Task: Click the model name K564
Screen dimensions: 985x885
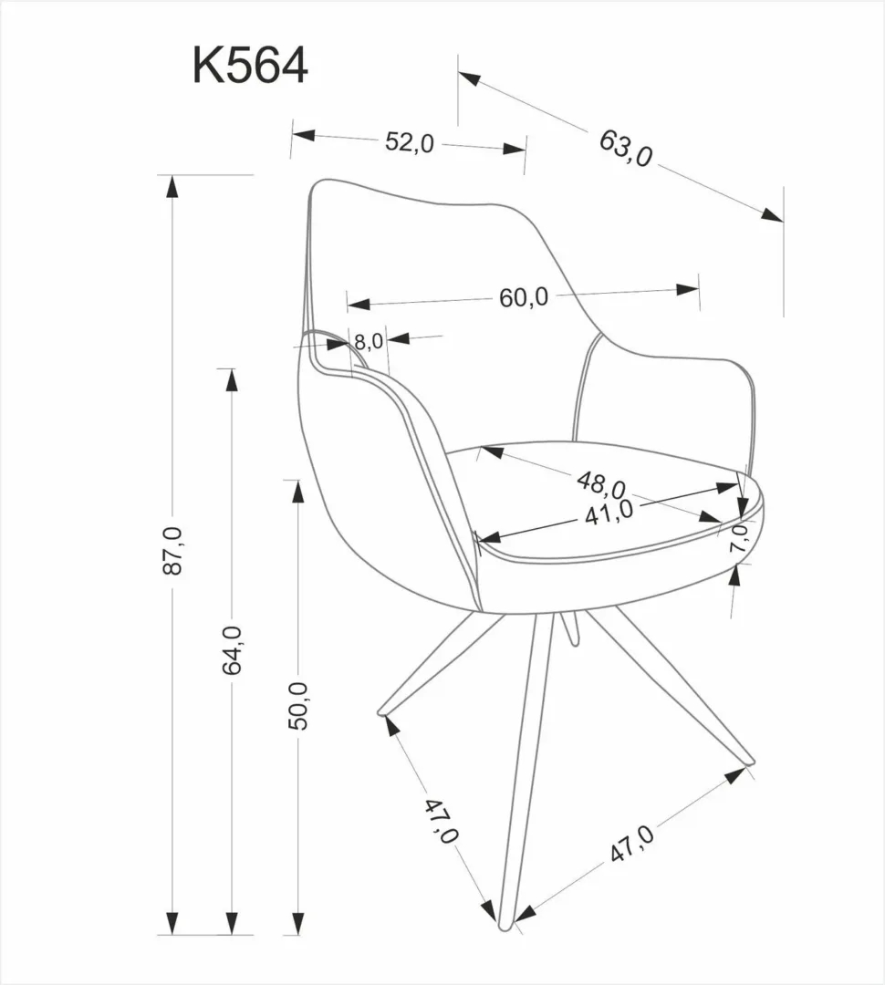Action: pyautogui.click(x=250, y=66)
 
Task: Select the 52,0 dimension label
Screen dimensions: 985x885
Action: pyautogui.click(x=409, y=142)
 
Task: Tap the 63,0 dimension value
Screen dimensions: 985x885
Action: pyautogui.click(x=626, y=147)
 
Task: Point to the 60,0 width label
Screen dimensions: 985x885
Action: pyautogui.click(x=523, y=297)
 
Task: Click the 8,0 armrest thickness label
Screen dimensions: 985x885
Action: pyautogui.click(x=368, y=342)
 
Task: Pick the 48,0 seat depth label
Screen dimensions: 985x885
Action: pyautogui.click(x=600, y=483)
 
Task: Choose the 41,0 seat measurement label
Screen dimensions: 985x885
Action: pyautogui.click(x=609, y=512)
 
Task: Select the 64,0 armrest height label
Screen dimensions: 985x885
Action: pyautogui.click(x=232, y=649)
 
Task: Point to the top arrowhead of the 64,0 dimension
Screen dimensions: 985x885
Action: pyautogui.click(x=232, y=379)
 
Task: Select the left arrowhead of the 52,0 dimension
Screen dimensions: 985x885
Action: pyautogui.click(x=303, y=136)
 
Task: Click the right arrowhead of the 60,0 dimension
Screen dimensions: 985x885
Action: pyautogui.click(x=688, y=289)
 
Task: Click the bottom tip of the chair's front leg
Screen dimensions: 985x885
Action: pyautogui.click(x=506, y=925)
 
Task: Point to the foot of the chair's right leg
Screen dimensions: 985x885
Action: pyautogui.click(x=748, y=760)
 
